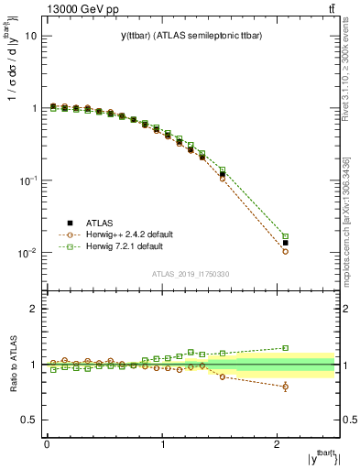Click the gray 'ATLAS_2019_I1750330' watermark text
tap(190, 274)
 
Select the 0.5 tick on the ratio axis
tap(29, 420)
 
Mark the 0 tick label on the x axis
tap(47, 445)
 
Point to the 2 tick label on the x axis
tap(278, 445)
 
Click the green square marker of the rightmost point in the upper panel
tap(286, 236)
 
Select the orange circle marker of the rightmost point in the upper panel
tap(286, 251)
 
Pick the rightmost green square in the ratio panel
tap(286, 348)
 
